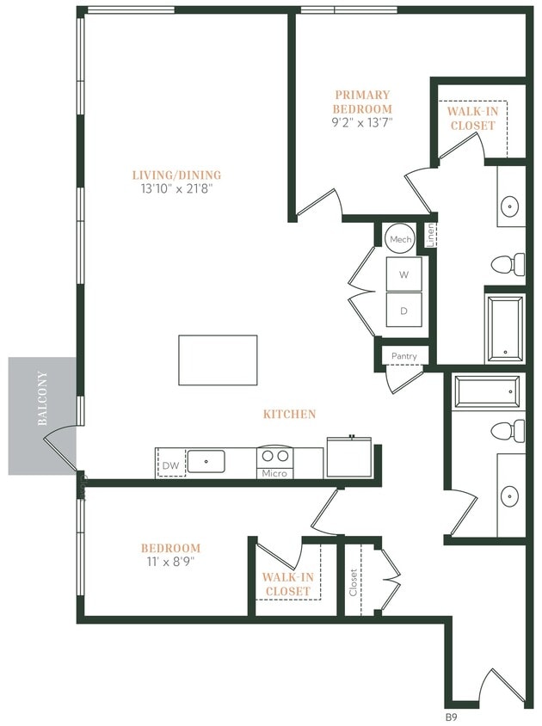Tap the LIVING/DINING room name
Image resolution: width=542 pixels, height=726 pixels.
pos(171,175)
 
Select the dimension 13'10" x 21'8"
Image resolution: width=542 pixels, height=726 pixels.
pos(171,188)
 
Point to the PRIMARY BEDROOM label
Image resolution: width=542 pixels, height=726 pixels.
pos(362,102)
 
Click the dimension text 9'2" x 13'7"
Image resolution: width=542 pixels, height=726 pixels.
pos(362,122)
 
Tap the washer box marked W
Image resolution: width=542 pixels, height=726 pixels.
pos(403,275)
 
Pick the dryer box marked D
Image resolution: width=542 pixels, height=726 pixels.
pos(403,311)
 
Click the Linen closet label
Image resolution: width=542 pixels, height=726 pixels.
pos(430,236)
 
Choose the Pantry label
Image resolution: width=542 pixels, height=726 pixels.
pos(403,356)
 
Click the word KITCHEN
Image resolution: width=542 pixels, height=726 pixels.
pos(289,414)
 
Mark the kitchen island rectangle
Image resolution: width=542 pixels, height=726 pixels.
pos(218,360)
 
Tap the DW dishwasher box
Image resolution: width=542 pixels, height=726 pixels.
pos(171,465)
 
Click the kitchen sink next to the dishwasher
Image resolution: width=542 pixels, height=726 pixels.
pos(206,462)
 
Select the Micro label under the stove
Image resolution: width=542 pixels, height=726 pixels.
pos(274,473)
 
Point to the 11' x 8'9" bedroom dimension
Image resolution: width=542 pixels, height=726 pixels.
pos(171,563)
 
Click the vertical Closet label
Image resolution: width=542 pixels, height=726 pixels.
pos(353,582)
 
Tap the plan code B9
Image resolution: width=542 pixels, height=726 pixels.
pos(449,716)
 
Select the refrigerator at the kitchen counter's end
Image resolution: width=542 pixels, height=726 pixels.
pos(348,456)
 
